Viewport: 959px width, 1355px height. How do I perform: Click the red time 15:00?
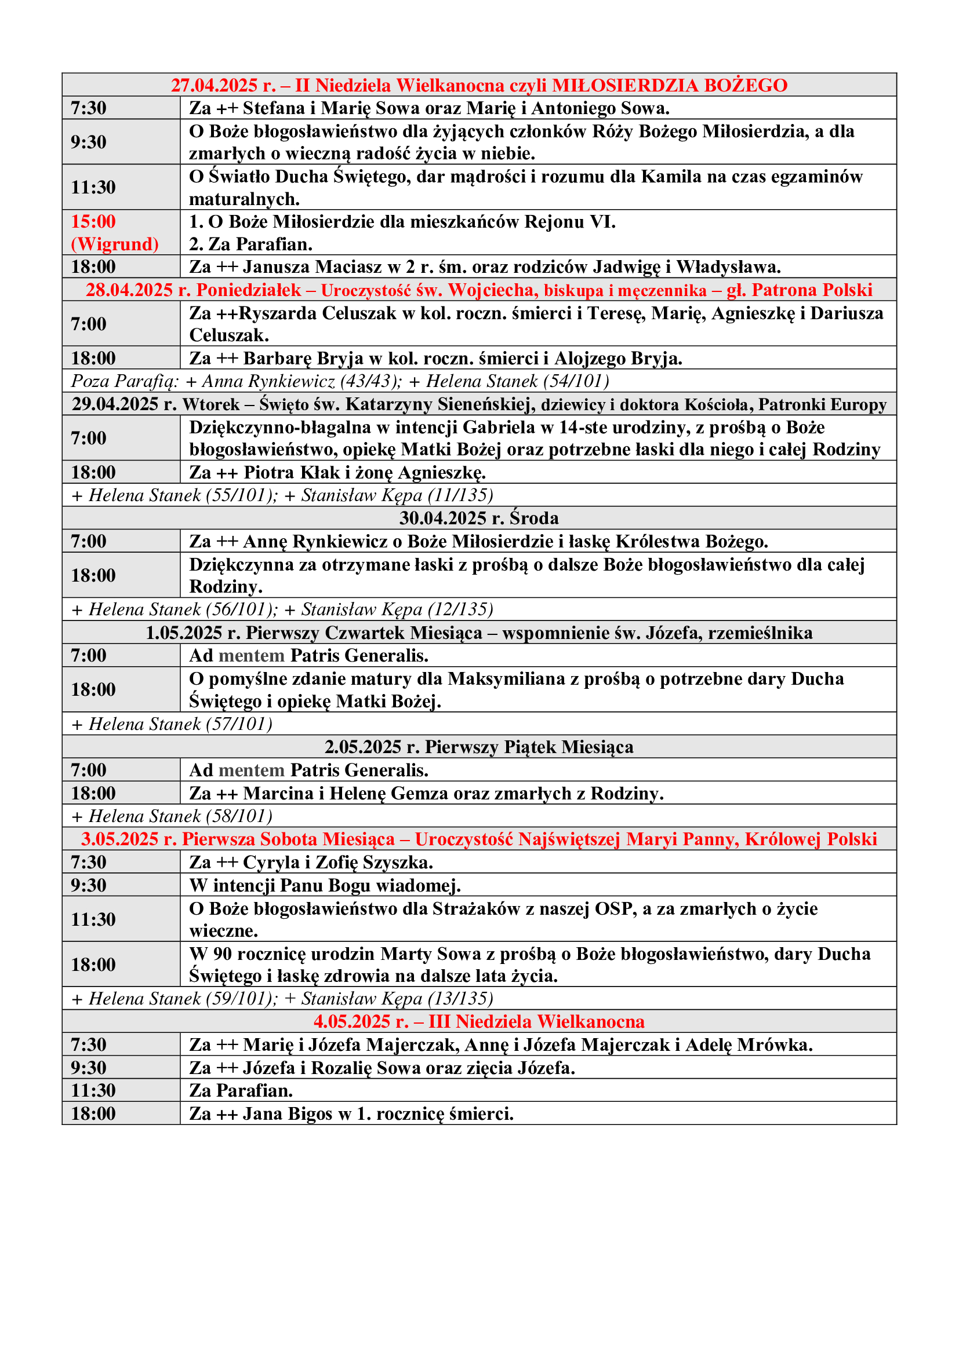93,222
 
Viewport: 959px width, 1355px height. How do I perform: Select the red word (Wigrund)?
115,244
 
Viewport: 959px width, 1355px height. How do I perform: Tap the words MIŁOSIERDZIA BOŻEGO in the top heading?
669,86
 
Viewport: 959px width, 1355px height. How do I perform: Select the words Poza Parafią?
124,381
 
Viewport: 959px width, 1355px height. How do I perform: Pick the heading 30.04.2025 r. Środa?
479,518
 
